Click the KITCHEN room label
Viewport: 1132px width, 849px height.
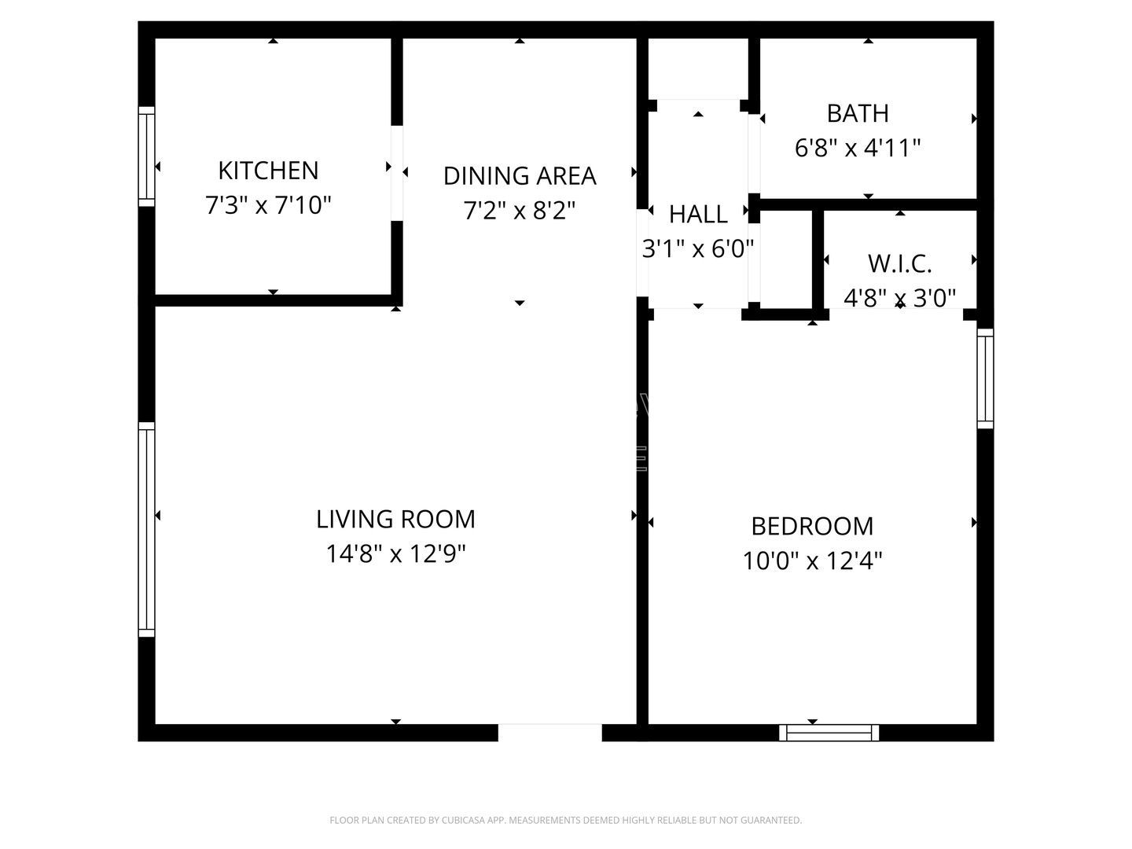[x=268, y=171]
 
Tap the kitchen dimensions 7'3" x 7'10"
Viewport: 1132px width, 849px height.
[x=268, y=206]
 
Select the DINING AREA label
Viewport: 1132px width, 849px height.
[x=520, y=176]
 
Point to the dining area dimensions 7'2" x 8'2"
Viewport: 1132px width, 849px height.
[x=520, y=211]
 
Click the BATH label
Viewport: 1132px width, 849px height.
[x=858, y=113]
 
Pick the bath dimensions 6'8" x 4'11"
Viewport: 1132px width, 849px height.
[x=858, y=148]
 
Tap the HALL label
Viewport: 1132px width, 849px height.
[x=698, y=214]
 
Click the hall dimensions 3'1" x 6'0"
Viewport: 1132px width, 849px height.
[x=698, y=249]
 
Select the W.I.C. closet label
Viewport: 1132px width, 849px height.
[x=899, y=263]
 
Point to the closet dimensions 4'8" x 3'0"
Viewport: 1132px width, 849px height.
[x=899, y=298]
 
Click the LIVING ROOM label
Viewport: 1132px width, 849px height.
[x=395, y=519]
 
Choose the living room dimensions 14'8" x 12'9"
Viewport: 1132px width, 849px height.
[x=395, y=554]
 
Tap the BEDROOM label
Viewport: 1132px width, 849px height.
[x=812, y=526]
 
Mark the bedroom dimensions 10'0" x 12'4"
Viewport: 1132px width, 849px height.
[x=812, y=561]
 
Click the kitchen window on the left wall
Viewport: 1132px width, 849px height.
[x=146, y=156]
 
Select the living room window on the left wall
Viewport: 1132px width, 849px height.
[x=146, y=529]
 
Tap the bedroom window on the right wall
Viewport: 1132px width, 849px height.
[x=985, y=378]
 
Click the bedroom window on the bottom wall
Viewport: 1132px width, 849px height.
[x=829, y=733]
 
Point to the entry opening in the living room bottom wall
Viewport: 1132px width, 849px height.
[x=550, y=733]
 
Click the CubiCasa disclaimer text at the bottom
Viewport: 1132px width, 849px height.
[x=565, y=820]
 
